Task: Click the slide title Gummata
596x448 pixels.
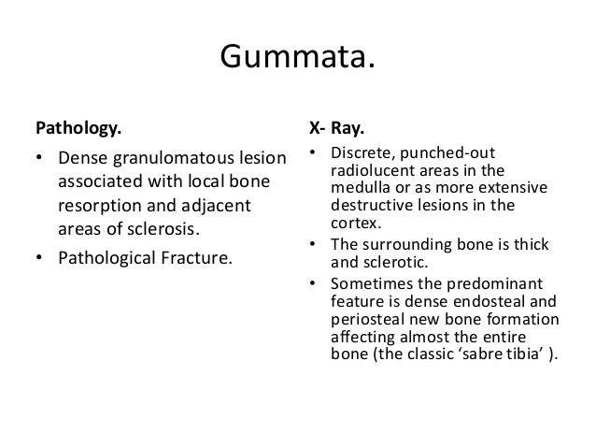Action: pos(297,59)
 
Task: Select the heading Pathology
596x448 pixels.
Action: pos(78,123)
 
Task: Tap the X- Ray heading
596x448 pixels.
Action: pos(337,123)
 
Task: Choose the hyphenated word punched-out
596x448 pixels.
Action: pos(447,154)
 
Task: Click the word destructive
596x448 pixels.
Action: pos(372,200)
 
